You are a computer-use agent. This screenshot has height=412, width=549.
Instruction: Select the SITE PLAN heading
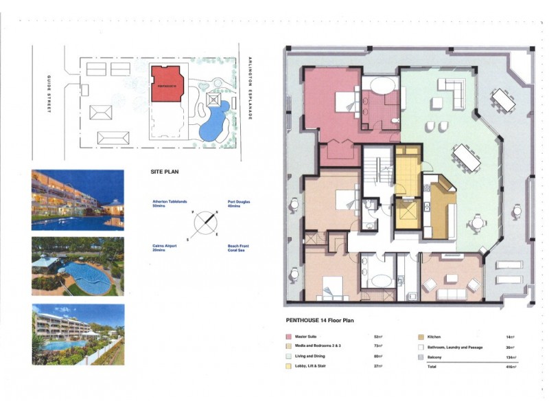click(x=166, y=173)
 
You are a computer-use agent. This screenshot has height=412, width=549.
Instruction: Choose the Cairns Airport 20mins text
click(x=165, y=247)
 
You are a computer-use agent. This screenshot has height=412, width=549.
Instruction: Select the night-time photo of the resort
click(x=78, y=200)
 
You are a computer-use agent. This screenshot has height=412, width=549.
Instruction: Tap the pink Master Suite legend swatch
click(x=288, y=336)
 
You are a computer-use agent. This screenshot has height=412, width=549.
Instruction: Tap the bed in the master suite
click(x=342, y=103)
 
